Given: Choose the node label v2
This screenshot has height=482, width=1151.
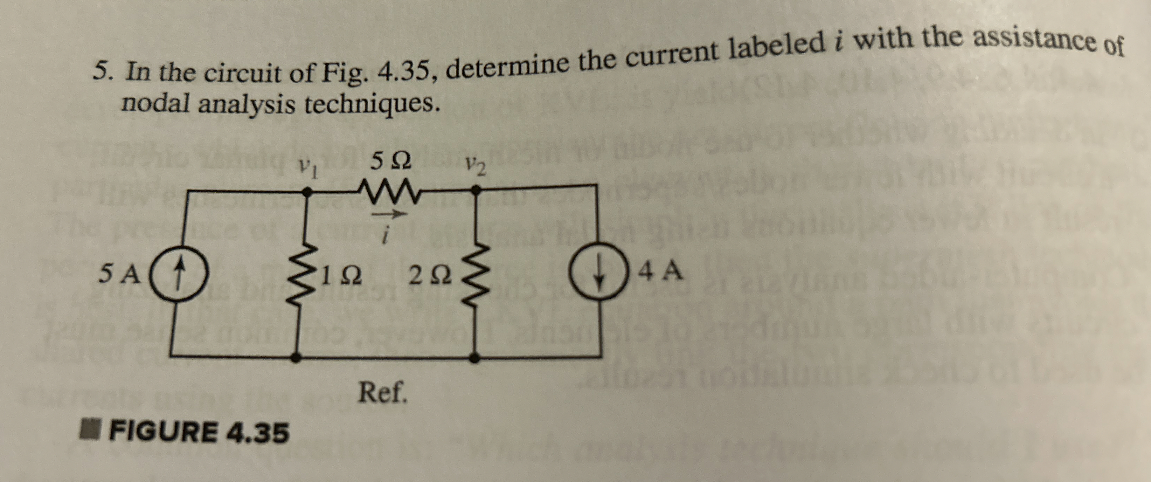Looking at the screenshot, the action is tap(475, 167).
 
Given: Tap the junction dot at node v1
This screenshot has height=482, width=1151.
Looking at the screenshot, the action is tap(306, 191).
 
